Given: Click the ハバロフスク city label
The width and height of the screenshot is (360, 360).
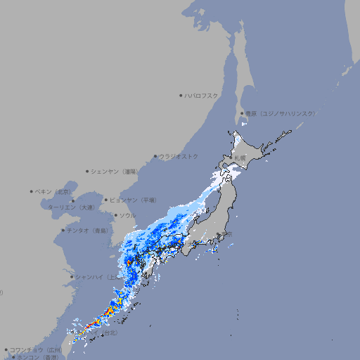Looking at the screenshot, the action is click(202, 95).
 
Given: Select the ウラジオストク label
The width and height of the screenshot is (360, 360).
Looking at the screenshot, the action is click(179, 156).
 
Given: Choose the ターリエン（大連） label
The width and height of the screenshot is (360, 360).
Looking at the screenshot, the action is click(71, 207).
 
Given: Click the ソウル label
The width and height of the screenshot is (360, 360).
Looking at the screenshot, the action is click(128, 215).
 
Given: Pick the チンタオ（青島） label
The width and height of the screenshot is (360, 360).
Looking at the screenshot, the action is click(88, 230).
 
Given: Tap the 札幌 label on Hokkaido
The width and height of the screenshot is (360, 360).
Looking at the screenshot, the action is click(240, 158).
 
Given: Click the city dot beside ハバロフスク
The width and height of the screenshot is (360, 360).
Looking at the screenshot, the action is click(181, 95).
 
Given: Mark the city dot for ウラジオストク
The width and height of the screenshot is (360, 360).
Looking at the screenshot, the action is click(155, 156).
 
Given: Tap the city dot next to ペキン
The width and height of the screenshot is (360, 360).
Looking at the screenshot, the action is click(32, 191).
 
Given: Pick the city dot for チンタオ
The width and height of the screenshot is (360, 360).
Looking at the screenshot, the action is click(63, 230).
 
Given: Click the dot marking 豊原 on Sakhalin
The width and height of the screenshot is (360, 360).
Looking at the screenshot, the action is click(242, 113).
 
